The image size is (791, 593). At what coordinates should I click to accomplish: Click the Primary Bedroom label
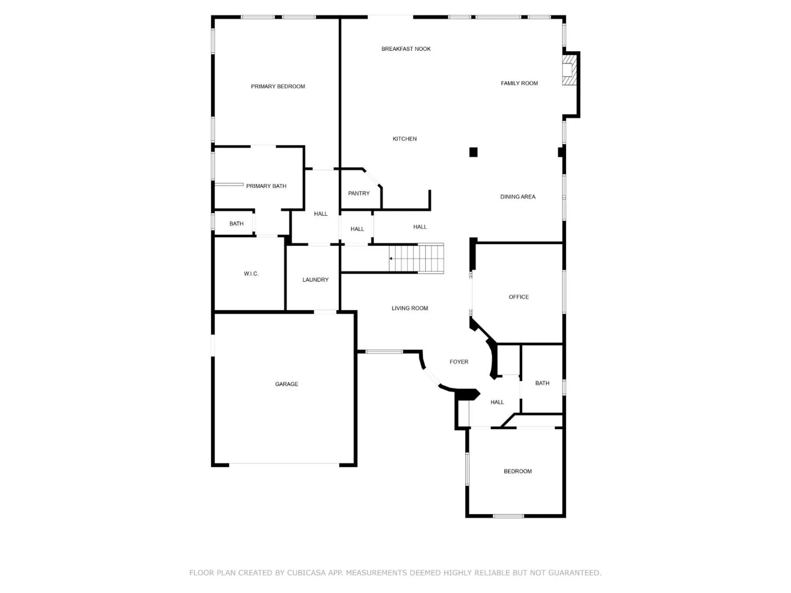click(278, 87)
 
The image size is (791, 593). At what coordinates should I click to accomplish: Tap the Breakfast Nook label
click(406, 49)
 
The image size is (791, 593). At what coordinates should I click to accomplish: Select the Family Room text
click(519, 83)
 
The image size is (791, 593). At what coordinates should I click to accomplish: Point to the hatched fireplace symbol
click(569, 70)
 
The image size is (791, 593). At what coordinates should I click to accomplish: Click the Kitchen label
click(404, 139)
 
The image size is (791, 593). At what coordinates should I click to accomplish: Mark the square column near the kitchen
click(473, 152)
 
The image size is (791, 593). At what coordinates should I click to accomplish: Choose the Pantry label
click(359, 193)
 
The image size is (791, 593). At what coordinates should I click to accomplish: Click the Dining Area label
click(517, 197)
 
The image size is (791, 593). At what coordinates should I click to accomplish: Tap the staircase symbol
click(416, 259)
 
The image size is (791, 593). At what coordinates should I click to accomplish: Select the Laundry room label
click(315, 280)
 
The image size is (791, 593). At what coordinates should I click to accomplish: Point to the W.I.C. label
click(251, 274)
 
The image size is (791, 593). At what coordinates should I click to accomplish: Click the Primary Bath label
click(266, 186)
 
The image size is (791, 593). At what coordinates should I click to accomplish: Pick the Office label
click(519, 297)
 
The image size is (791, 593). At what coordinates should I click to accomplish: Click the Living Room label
click(409, 308)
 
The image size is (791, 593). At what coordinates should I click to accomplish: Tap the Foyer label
click(458, 362)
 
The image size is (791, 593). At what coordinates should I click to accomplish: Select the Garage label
click(286, 384)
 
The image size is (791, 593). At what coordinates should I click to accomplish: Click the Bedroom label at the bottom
click(517, 471)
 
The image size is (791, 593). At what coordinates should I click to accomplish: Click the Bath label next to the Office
click(542, 383)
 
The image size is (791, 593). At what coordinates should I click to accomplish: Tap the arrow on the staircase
click(391, 259)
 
